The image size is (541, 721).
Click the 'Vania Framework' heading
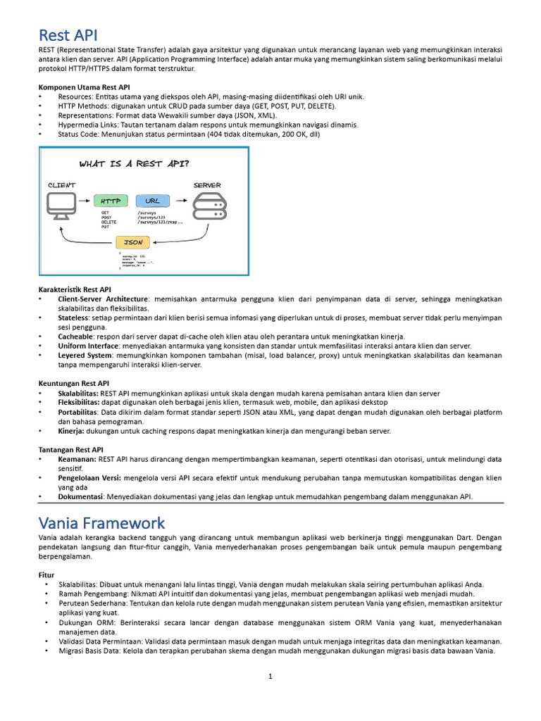point(102,522)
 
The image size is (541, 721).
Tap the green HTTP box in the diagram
point(110,201)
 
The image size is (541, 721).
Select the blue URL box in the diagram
point(153,201)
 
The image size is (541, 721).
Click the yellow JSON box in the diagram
point(134,242)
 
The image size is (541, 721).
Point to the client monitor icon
point(62,203)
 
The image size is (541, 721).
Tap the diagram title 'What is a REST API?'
point(134,164)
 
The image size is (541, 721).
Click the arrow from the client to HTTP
point(85,201)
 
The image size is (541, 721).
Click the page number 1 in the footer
point(270,677)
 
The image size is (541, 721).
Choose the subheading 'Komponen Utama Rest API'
point(84,87)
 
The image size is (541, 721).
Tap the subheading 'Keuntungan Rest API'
point(73,384)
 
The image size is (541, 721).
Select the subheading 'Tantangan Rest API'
point(70,449)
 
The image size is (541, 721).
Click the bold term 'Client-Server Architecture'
point(103,299)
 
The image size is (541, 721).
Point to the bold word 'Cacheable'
point(75,337)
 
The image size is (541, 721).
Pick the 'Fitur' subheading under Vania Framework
point(47,575)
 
